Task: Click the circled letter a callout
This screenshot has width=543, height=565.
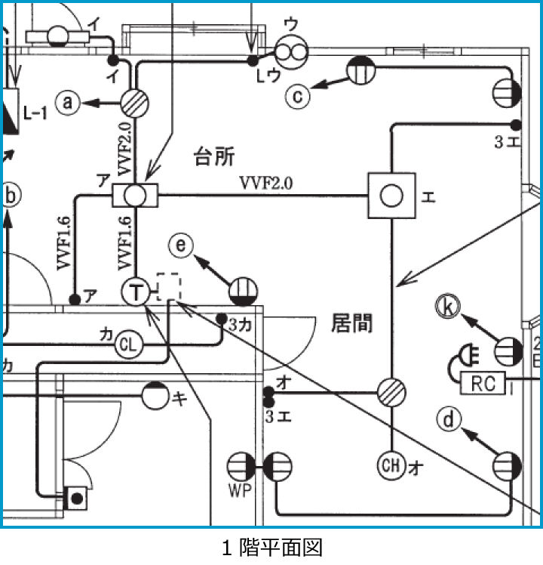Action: (x=69, y=103)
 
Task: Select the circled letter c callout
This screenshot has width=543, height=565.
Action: (x=299, y=96)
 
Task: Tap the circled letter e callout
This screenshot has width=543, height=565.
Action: (x=181, y=245)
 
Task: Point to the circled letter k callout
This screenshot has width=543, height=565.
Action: (x=448, y=307)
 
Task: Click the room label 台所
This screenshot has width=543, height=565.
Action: (x=214, y=156)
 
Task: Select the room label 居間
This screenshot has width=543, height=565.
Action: (x=351, y=323)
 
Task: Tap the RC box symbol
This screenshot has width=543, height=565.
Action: (x=483, y=383)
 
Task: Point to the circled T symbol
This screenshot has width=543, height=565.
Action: (x=136, y=292)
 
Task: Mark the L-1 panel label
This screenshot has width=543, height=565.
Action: (x=35, y=113)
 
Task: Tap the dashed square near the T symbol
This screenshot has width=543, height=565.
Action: (x=169, y=286)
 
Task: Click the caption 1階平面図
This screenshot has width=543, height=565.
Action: (x=271, y=547)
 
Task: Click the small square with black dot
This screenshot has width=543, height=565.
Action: (x=75, y=499)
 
